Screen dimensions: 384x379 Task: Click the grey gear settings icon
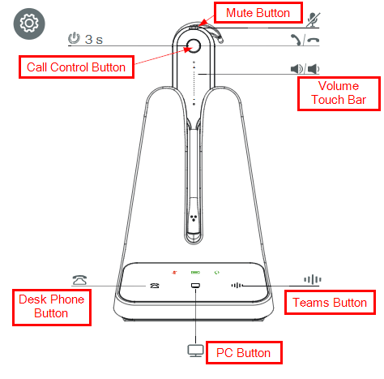[x=29, y=24]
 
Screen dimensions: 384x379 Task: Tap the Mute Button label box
[x=258, y=13]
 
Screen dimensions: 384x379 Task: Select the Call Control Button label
[x=76, y=67]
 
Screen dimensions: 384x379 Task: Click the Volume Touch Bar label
[x=339, y=93]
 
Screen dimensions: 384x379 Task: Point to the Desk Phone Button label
[x=52, y=308]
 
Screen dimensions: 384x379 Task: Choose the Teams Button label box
[x=330, y=303]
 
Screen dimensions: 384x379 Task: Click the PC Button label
[x=244, y=353]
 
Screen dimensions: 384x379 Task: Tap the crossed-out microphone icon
[x=313, y=19]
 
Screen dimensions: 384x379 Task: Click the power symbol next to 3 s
[x=74, y=38]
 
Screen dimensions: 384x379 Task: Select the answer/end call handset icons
[x=305, y=40]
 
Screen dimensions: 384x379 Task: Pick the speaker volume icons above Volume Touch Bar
[x=305, y=69]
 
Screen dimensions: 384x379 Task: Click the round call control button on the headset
[x=194, y=46]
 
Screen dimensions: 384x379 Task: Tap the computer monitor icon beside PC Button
[x=196, y=351]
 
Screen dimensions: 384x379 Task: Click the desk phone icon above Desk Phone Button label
[x=79, y=280]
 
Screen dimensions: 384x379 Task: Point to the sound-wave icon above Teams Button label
[x=313, y=279]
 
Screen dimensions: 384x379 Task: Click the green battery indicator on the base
[x=195, y=273]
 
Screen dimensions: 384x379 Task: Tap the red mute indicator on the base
[x=174, y=273]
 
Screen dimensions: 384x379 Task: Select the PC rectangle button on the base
[x=195, y=286]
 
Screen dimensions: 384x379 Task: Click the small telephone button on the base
[x=155, y=286]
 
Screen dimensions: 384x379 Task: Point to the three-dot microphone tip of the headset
[x=193, y=218]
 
